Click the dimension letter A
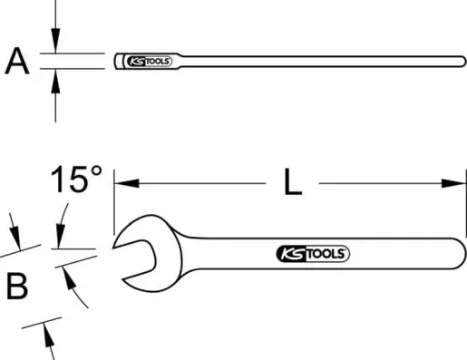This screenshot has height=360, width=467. (17, 62)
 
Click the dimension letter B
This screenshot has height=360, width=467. (17, 286)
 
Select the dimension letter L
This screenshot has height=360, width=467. (293, 182)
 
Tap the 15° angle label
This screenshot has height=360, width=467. (76, 179)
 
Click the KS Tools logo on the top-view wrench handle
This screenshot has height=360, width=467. (313, 253)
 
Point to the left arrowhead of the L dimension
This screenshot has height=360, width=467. (126, 183)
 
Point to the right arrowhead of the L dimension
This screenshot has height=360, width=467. (453, 183)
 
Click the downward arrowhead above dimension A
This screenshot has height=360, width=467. (55, 41)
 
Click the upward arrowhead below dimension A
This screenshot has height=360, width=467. (55, 82)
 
